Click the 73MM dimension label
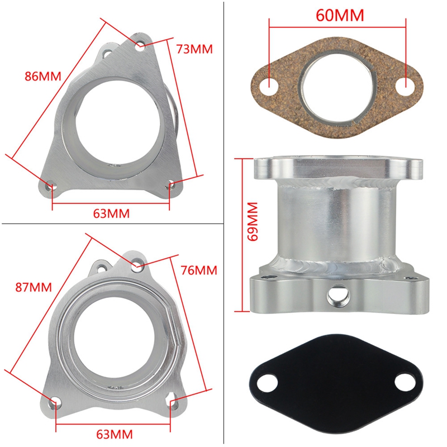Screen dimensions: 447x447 pos(194,49)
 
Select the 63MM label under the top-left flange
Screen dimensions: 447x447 pos(112,213)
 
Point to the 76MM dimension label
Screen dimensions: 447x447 pos(198,270)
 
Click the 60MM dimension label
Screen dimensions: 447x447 pos(339,15)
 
